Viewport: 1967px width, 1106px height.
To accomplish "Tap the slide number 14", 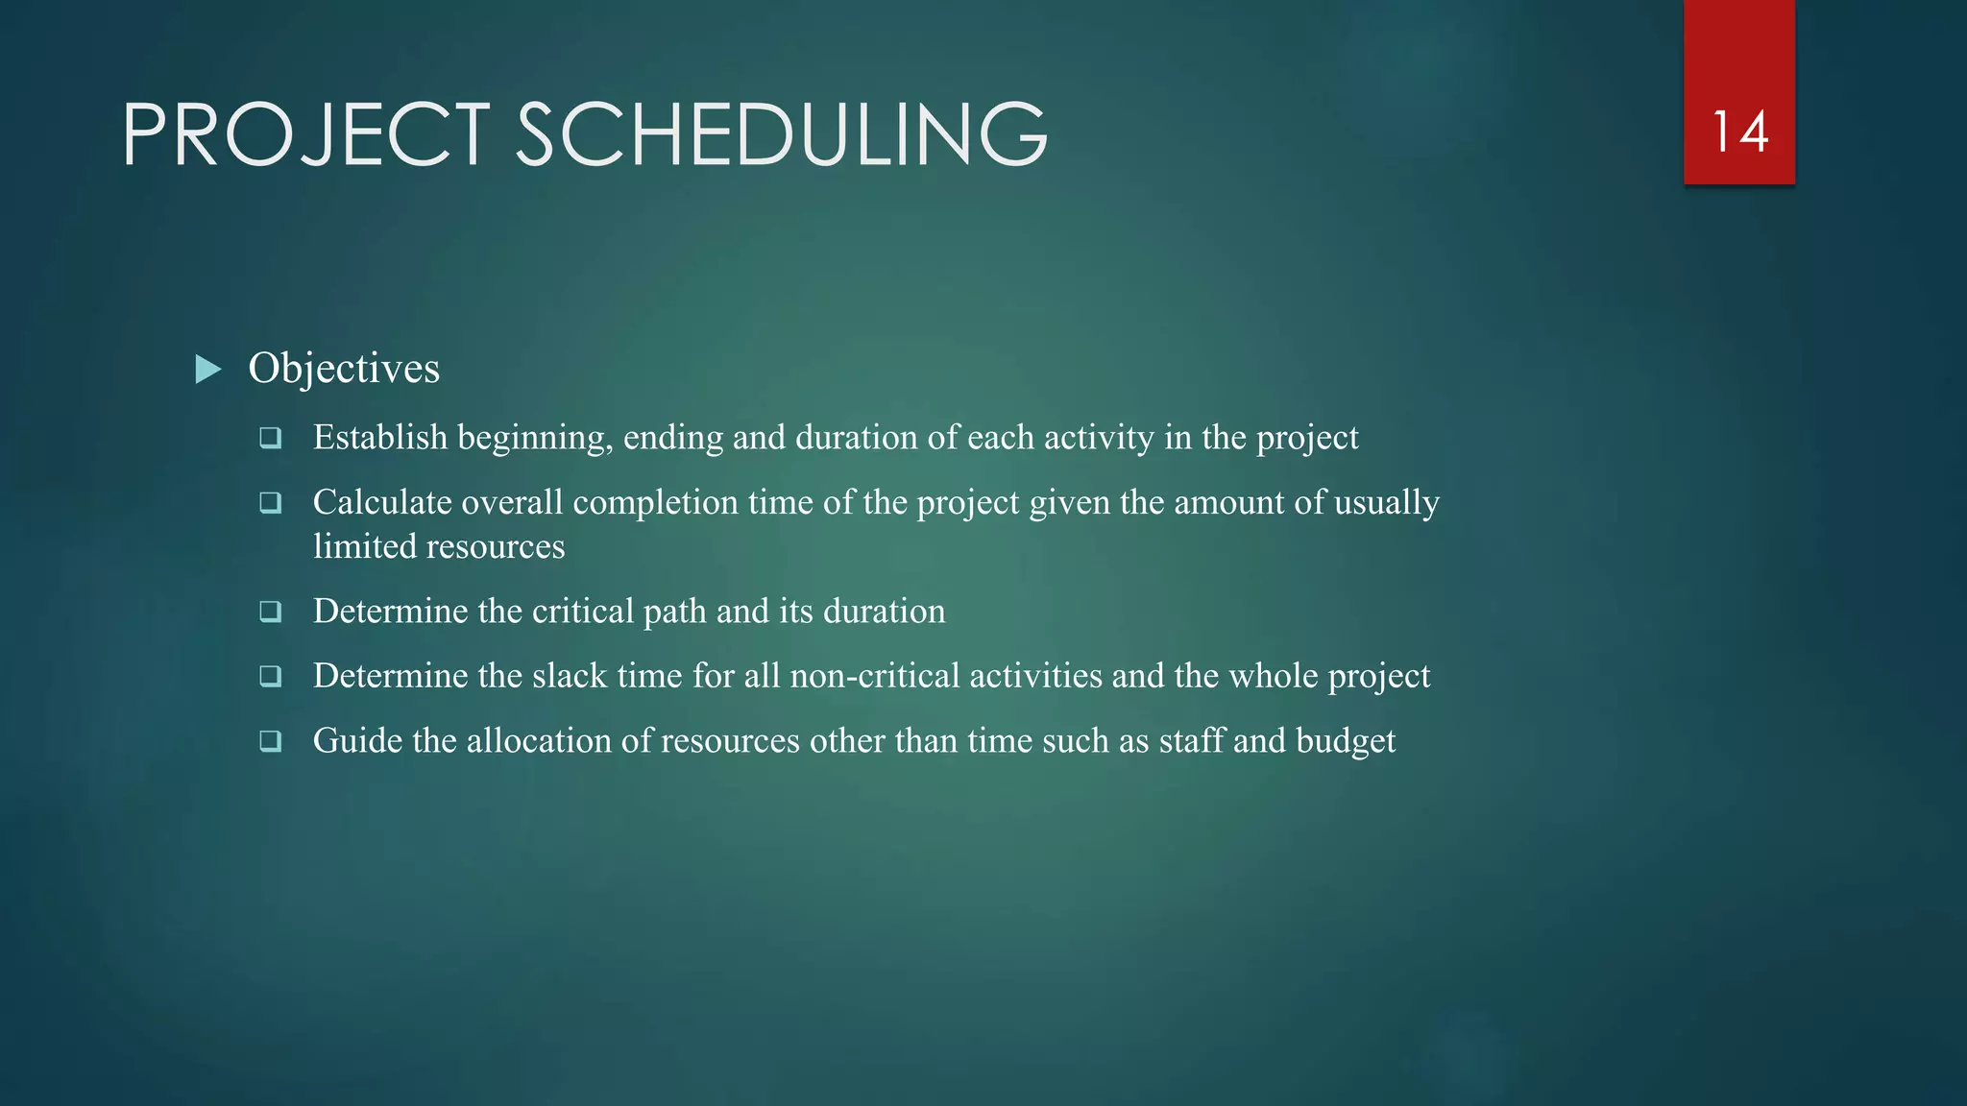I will click(x=1739, y=132).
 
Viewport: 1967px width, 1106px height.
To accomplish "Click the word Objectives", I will click(x=344, y=369).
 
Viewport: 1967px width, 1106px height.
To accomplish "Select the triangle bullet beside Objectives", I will click(x=208, y=369).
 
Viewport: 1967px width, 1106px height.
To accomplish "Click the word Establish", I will click(x=380, y=438).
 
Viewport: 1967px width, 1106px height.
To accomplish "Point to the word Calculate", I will click(x=382, y=503).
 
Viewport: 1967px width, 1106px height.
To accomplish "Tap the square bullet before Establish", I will click(x=271, y=439).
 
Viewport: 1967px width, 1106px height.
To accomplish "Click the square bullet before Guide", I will click(x=271, y=741).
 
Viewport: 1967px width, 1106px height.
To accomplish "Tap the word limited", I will click(x=364, y=546).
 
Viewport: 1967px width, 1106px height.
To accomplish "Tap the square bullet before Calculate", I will click(x=271, y=503).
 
